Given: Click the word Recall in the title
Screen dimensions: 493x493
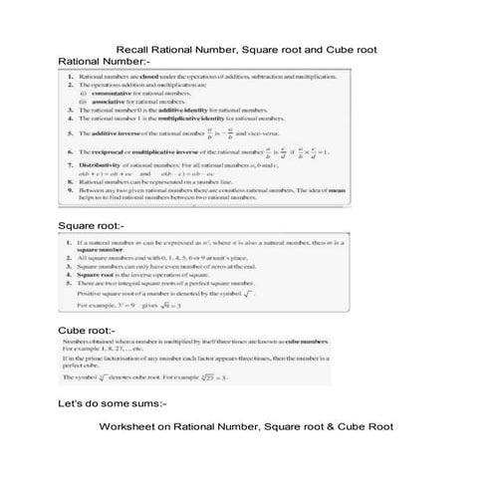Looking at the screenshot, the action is [133, 49].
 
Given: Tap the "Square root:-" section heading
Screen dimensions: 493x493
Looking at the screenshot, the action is [93, 227].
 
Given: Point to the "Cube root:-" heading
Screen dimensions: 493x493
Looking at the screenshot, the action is [88, 329].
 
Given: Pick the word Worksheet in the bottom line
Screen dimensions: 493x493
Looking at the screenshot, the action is [127, 426].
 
